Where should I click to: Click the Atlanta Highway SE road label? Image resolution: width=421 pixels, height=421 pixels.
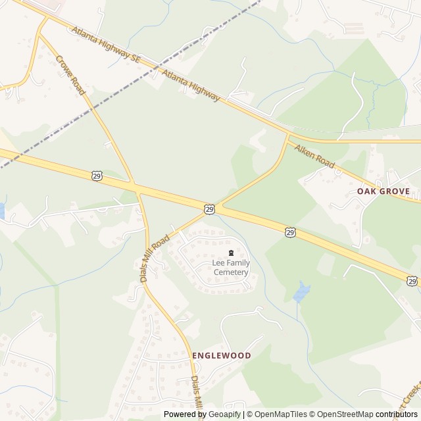pos(107,45)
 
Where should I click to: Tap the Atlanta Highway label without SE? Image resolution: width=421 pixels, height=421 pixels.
pos(190,86)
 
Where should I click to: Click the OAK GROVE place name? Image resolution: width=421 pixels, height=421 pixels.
pos(383,191)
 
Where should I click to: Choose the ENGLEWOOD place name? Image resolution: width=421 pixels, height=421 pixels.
pos(222,355)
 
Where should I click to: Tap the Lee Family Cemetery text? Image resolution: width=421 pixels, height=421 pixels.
pos(230,268)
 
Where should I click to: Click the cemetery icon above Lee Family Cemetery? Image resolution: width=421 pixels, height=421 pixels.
pos(230,253)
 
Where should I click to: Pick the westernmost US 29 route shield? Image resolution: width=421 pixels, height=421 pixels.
pos(97,176)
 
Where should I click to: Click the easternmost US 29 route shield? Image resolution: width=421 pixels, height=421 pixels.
pos(412,281)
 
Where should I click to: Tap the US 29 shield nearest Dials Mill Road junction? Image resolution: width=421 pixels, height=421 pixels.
pos(209,209)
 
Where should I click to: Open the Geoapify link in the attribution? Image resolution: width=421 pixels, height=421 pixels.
pos(225,414)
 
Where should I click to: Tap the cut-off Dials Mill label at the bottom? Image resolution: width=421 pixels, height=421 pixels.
pos(197,394)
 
